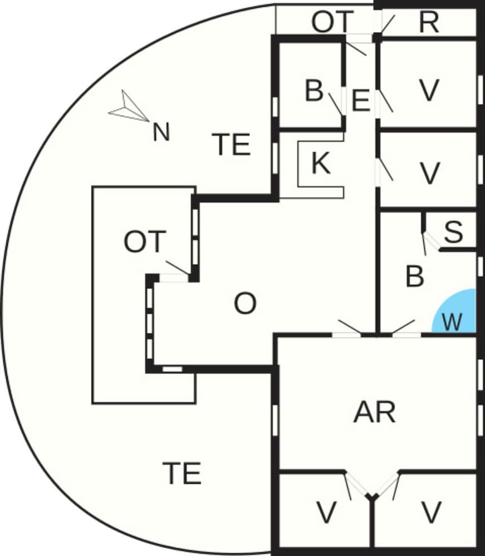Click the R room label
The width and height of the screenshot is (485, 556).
[429, 23]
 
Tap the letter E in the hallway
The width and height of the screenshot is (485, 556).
[361, 101]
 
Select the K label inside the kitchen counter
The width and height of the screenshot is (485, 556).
[321, 163]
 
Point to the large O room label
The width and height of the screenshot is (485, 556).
[245, 304]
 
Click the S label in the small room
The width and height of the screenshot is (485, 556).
[453, 232]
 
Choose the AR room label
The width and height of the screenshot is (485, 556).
[374, 413]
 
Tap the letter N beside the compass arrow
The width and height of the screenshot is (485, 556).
[161, 133]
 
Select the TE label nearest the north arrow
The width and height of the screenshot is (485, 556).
[232, 145]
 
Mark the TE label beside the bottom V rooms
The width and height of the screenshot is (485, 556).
[182, 474]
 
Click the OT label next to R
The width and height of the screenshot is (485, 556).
[332, 23]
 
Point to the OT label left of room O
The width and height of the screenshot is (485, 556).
[145, 243]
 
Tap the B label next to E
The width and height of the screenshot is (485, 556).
[314, 91]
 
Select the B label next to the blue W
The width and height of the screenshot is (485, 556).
[415, 276]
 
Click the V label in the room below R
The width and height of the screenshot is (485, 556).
[428, 91]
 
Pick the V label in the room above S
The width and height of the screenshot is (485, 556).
[429, 173]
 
